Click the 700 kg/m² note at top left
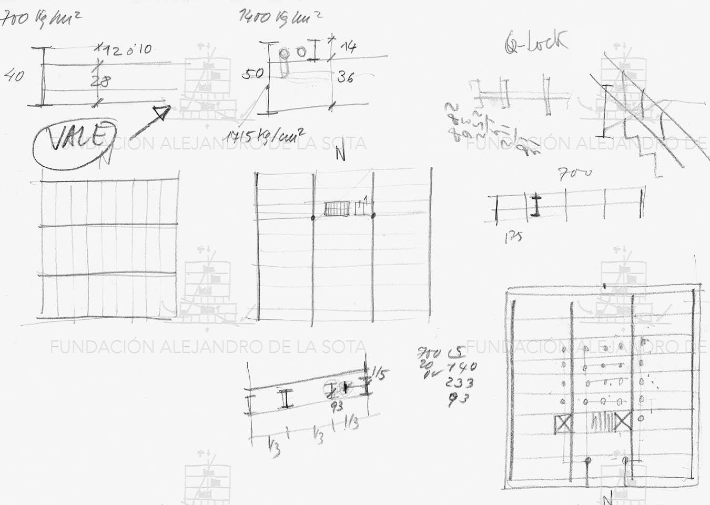coord(41,20)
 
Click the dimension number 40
coord(14,76)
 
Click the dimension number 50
coord(252,74)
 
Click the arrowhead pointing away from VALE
coord(161,112)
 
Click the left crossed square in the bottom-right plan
coord(563,424)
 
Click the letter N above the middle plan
coord(340,155)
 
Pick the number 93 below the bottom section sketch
coord(337,406)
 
